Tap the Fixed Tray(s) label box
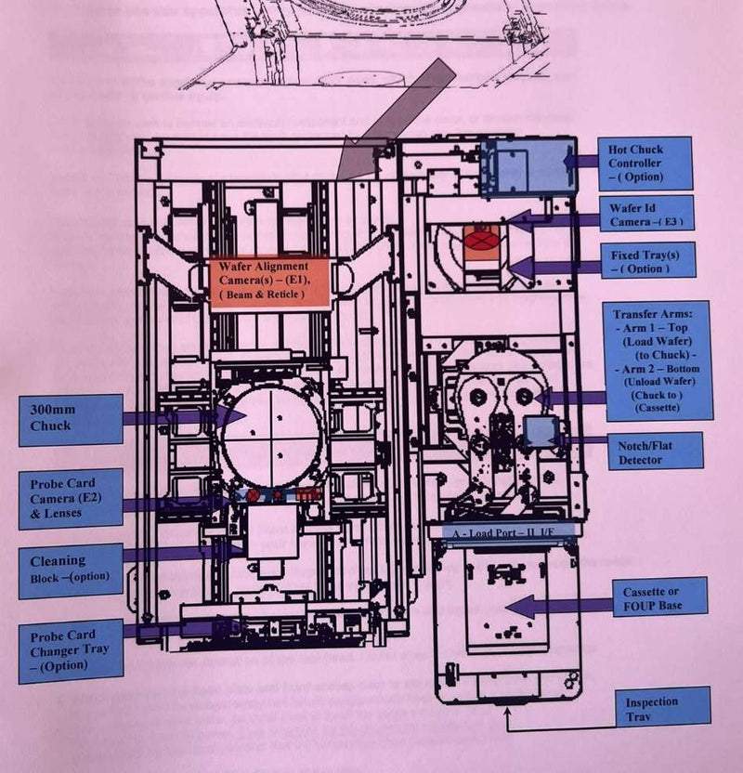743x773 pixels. (x=648, y=261)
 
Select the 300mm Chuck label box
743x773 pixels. (x=71, y=419)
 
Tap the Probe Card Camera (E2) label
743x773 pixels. (x=70, y=498)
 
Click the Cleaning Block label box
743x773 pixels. (x=70, y=569)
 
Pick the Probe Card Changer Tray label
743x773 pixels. (x=70, y=650)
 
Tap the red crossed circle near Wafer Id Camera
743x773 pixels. (x=484, y=240)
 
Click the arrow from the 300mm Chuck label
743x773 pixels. (x=172, y=418)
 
